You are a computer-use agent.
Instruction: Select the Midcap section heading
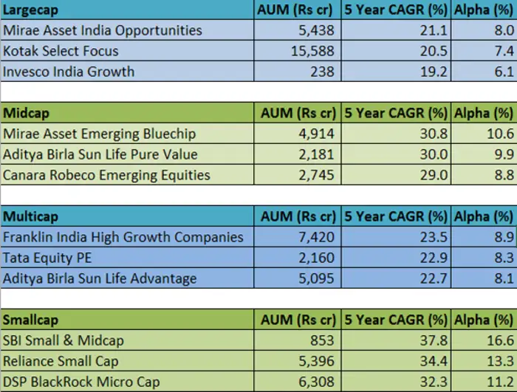point(27,114)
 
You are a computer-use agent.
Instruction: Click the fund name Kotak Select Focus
point(61,51)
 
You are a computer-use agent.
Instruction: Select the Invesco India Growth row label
point(69,72)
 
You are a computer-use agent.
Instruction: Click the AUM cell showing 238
point(322,72)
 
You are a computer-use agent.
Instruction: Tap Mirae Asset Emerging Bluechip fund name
point(100,134)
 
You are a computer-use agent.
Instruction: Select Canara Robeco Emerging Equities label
point(106,175)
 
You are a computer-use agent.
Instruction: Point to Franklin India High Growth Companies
point(123,237)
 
